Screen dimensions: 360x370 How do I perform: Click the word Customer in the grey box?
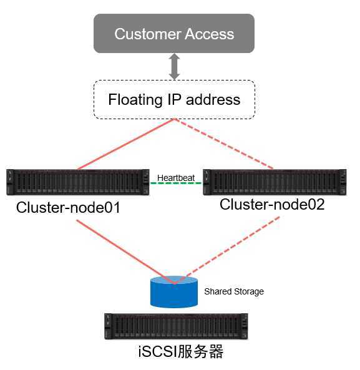148,34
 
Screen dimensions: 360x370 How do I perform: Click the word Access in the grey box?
210,34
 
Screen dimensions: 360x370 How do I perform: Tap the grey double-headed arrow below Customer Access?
174,67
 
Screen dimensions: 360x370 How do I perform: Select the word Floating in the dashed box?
135,100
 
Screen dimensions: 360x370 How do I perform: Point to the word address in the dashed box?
213,99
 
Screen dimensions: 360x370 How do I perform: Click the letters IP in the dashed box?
174,99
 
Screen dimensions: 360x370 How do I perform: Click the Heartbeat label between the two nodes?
176,178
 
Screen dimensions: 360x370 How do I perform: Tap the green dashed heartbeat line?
176,183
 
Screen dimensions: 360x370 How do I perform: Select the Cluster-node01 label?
68,207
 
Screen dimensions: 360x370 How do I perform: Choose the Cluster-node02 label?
272,205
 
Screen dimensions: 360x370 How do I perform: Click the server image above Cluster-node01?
78,182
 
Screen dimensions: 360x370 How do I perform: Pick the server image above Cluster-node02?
275,182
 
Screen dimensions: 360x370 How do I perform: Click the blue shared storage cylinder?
174,293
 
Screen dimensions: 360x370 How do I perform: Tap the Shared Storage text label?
234,291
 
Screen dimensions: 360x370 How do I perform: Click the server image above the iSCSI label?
176,326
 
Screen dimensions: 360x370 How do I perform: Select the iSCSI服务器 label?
181,351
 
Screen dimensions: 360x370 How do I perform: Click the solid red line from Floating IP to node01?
126,144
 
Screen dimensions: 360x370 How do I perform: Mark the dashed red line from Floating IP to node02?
224,144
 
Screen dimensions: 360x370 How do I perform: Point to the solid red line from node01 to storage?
125,251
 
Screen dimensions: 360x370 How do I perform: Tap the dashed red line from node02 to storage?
227,250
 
